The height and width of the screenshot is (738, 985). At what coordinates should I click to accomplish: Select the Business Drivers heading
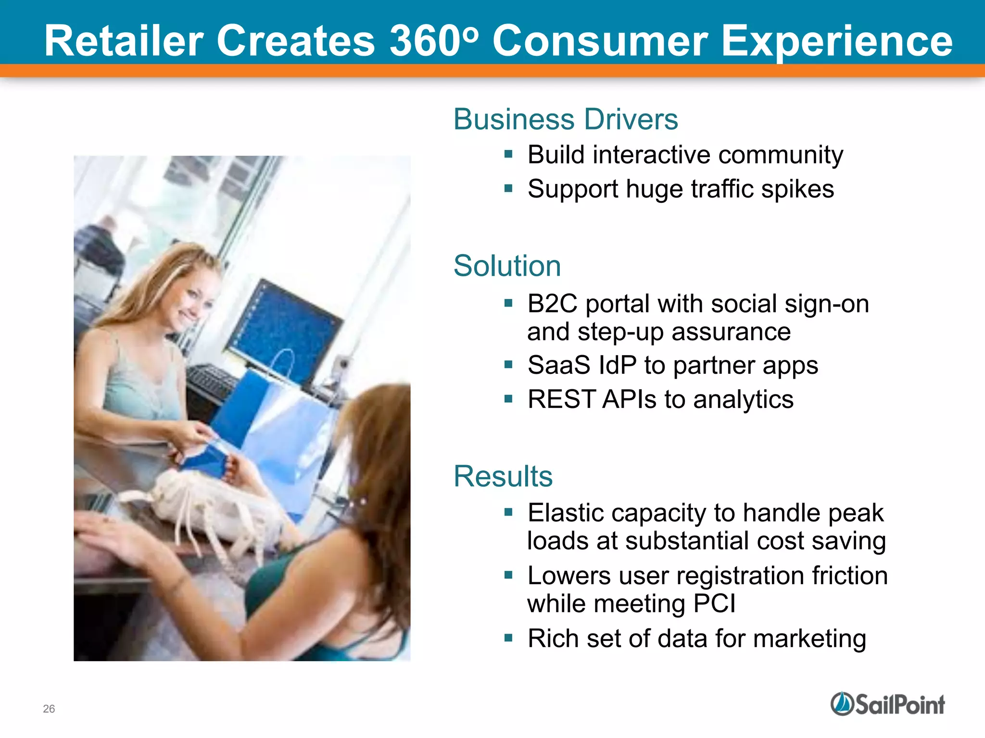[x=566, y=119]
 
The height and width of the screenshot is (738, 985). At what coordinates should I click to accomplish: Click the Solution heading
[x=507, y=266]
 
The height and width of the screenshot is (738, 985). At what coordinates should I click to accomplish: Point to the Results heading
[x=503, y=476]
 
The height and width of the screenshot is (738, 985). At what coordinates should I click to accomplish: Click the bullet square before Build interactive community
[x=508, y=155]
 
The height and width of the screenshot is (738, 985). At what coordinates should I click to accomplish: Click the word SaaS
[x=558, y=365]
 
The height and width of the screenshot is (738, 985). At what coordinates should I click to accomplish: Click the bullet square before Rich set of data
[x=508, y=638]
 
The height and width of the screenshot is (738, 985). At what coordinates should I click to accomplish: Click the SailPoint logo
[x=887, y=704]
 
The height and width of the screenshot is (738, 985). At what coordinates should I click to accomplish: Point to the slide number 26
[x=49, y=709]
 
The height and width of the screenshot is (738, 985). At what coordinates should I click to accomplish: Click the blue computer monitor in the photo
[x=284, y=327]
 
